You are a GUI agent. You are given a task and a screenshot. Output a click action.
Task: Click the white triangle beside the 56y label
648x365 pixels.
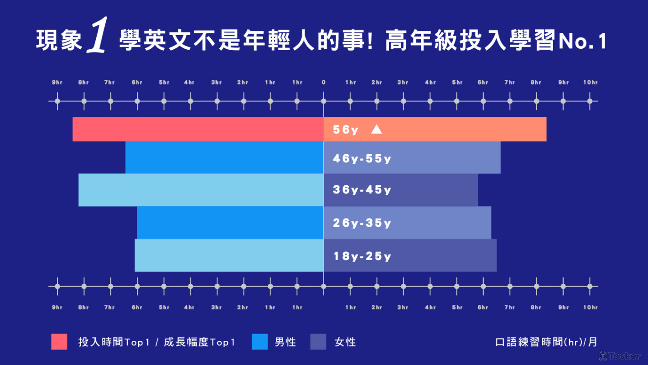point(376,130)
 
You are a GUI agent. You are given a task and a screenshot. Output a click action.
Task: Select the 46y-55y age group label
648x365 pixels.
point(362,159)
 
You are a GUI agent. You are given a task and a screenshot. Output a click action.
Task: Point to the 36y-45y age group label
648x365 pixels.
point(362,190)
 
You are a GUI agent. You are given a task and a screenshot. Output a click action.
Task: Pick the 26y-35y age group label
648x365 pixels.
point(362,223)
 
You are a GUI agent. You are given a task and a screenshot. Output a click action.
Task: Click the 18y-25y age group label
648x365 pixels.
point(362,256)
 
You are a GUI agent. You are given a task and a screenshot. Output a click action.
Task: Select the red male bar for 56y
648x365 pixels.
point(198,129)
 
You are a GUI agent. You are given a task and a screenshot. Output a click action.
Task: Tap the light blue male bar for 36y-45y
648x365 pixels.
point(201,190)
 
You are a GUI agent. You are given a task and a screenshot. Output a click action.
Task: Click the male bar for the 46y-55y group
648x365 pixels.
point(224,157)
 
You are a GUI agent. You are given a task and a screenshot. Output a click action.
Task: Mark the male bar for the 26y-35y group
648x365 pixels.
point(230,223)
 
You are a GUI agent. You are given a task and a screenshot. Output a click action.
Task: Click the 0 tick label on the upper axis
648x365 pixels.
point(323,83)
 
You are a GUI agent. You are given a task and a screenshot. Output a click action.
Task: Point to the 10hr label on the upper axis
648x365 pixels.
point(590,83)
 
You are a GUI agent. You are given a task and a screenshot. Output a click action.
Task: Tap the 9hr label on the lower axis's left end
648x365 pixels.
point(57,308)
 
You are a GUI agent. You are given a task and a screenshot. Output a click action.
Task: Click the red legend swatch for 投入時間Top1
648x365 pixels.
point(59,342)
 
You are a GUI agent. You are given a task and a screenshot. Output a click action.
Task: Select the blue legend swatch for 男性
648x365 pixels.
point(259,342)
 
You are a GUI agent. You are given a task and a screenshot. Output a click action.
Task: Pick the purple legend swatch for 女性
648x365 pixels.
point(318,342)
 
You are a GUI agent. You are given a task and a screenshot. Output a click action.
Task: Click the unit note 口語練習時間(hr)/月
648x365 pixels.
point(546,342)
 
